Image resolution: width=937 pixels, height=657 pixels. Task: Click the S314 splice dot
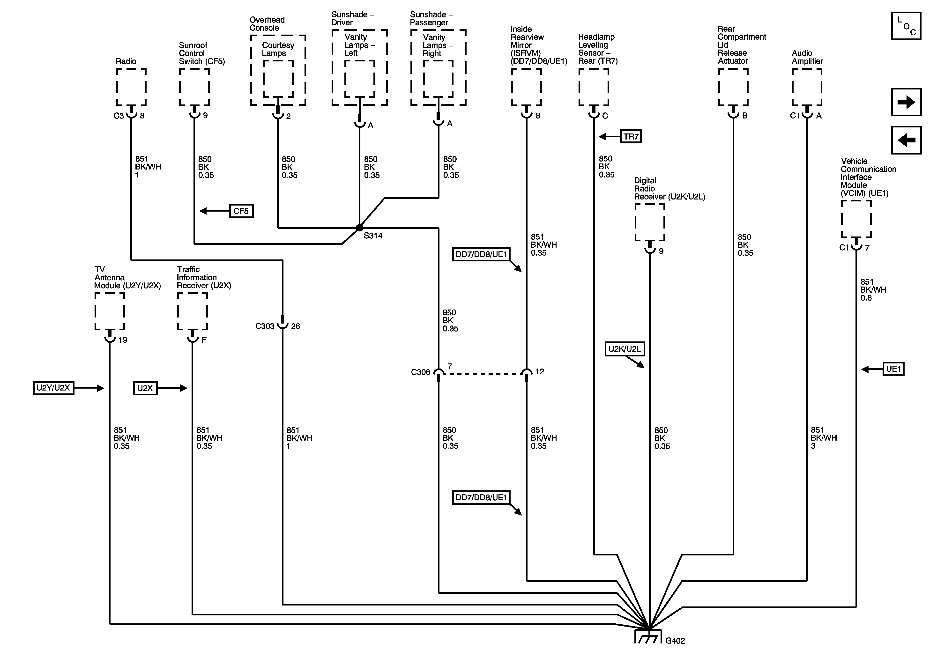pyautogui.click(x=359, y=228)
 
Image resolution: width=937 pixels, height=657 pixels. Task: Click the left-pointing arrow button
pyautogui.click(x=906, y=140)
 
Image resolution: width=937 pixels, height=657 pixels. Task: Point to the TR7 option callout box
pyautogui.click(x=631, y=137)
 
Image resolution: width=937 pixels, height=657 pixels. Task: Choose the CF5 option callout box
pyautogui.click(x=241, y=211)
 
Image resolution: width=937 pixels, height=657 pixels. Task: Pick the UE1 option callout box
pyautogui.click(x=893, y=369)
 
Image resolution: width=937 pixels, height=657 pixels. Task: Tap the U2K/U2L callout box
pyautogui.click(x=625, y=349)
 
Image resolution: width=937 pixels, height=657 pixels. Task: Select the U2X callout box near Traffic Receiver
pyautogui.click(x=145, y=388)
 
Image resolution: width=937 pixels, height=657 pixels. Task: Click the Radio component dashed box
pyautogui.click(x=131, y=87)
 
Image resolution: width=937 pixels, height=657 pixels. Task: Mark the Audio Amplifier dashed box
pyautogui.click(x=807, y=87)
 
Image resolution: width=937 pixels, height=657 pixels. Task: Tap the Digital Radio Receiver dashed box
pyautogui.click(x=650, y=222)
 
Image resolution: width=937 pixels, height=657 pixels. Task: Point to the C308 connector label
pyautogui.click(x=420, y=372)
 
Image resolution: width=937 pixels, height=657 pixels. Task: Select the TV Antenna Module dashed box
pyautogui.click(x=110, y=311)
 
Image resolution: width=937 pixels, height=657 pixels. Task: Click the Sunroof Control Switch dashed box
pyautogui.click(x=194, y=87)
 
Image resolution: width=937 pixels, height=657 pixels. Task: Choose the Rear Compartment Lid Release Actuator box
pyautogui.click(x=733, y=87)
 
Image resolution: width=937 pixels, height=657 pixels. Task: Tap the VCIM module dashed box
pyautogui.click(x=856, y=219)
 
